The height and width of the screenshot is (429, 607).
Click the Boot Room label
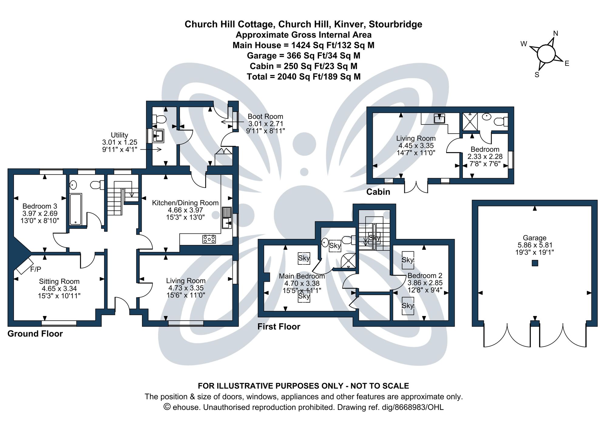click(x=265, y=117)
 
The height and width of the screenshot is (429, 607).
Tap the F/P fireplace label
click(x=36, y=269)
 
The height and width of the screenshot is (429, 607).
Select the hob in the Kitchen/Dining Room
click(x=209, y=239)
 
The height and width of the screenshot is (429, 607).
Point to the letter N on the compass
click(x=556, y=33)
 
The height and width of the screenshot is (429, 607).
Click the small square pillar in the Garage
click(x=535, y=263)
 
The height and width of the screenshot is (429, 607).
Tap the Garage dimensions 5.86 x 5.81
click(x=535, y=245)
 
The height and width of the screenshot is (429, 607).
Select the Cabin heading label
click(x=378, y=192)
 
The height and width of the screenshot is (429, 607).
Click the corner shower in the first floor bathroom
click(x=348, y=261)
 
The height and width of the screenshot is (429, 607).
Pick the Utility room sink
click(x=158, y=136)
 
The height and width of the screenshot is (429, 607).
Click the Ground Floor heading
click(x=35, y=334)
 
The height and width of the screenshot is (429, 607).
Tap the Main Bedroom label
click(x=302, y=276)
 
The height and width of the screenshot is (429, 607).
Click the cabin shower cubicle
click(x=470, y=121)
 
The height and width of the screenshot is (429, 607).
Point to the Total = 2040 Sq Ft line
click(x=303, y=77)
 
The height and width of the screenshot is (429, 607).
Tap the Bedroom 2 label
click(x=425, y=276)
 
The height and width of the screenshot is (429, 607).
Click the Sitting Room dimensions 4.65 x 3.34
click(x=59, y=289)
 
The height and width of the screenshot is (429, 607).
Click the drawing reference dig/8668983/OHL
click(x=419, y=407)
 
